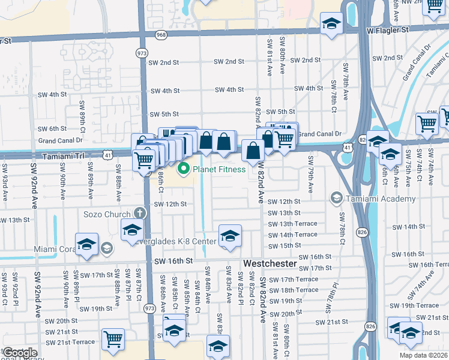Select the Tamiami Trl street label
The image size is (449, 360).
(63, 155)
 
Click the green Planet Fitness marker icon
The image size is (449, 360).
(185, 169)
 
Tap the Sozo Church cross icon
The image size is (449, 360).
(140, 214)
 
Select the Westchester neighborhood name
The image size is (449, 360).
(270, 263)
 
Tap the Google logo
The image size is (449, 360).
(20, 352)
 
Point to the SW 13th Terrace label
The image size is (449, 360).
(292, 224)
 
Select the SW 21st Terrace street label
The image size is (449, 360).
(71, 341)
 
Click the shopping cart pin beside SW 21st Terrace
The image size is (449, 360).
(113, 339)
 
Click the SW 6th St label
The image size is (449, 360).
(52, 128)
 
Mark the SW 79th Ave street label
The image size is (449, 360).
(310, 175)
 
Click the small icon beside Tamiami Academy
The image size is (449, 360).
(336, 198)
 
